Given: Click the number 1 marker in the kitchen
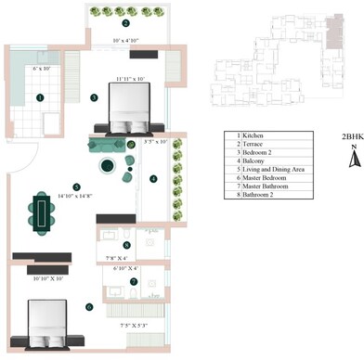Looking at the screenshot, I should point(40,96).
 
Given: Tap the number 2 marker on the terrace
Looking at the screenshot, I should point(125,23).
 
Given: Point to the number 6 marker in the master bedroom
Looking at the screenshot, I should point(88,306).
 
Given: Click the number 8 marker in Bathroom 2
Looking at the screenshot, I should point(125,245).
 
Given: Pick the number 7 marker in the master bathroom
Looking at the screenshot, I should point(133,281).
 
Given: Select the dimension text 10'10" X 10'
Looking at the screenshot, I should point(48,277).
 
